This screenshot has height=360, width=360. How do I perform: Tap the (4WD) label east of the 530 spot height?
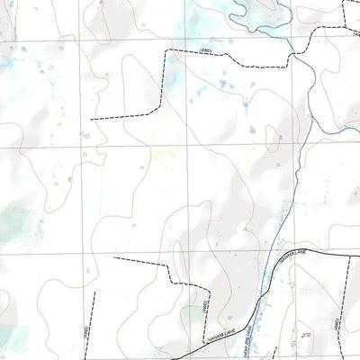337,324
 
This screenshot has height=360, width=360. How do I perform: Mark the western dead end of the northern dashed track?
90,118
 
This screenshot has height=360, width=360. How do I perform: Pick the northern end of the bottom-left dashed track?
94,291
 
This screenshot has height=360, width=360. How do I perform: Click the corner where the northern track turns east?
165,52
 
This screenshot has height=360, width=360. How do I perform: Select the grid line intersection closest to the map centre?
187,146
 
